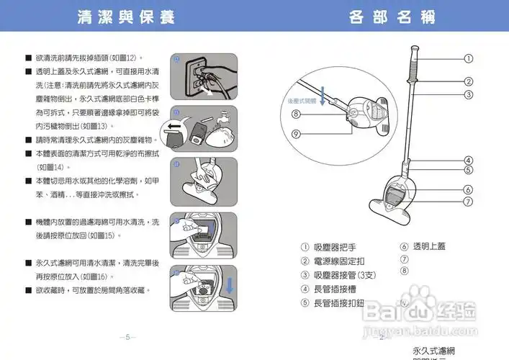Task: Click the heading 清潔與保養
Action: tap(126, 17)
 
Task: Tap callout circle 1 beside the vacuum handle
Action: tap(468, 58)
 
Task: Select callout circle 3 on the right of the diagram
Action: tap(468, 94)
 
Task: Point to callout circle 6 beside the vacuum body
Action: tap(468, 189)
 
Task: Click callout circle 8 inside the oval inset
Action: tap(296, 114)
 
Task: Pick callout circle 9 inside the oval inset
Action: tap(296, 134)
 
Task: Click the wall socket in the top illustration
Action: tap(195, 76)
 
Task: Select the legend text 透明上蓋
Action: tap(429, 246)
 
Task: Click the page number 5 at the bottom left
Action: tap(127, 337)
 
